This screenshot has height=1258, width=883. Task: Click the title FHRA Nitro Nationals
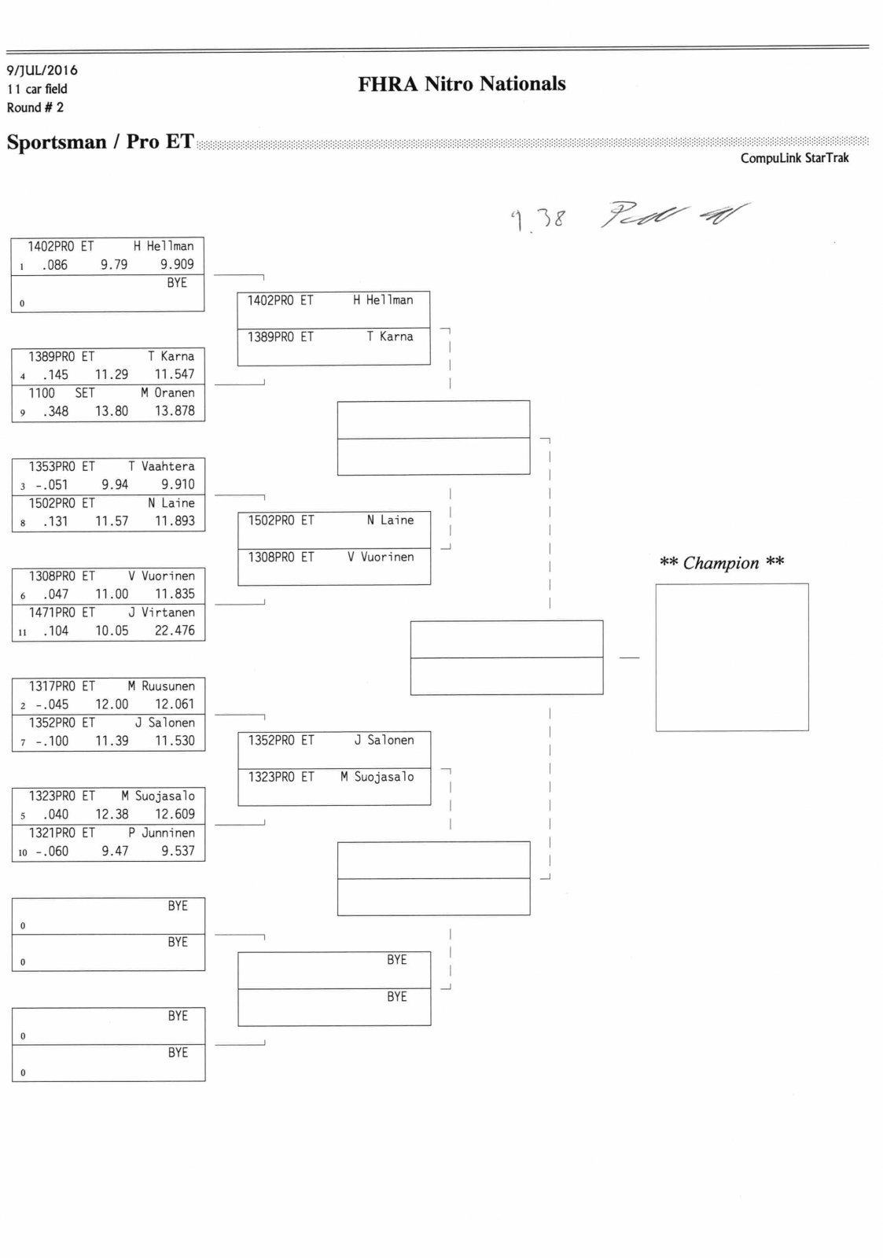coord(462,84)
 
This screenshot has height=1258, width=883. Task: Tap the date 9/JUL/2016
coord(42,71)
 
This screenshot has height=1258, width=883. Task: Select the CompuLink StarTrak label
coord(794,158)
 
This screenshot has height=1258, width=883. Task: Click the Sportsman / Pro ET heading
coord(100,142)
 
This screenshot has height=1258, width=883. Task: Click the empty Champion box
coord(731,657)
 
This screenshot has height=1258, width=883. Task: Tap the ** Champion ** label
coord(721,563)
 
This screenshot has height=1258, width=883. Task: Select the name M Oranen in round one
coord(167,392)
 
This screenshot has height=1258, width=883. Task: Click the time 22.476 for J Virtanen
coord(175,631)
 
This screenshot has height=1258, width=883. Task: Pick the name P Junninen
coord(161,833)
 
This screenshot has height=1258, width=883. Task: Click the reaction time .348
coord(55,411)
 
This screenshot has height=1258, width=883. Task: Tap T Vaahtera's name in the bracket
coord(161,466)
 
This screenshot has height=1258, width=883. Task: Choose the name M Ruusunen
coord(161,686)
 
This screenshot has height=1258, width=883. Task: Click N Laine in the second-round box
coord(390,520)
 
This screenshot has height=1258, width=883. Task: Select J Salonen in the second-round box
coord(384,741)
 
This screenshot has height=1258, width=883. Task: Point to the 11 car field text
coord(37,89)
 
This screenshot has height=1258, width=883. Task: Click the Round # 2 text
coord(35,108)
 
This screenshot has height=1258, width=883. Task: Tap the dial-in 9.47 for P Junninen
coord(115,851)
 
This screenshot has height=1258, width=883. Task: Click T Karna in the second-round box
coord(389,337)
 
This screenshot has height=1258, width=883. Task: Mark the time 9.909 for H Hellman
coord(177,265)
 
